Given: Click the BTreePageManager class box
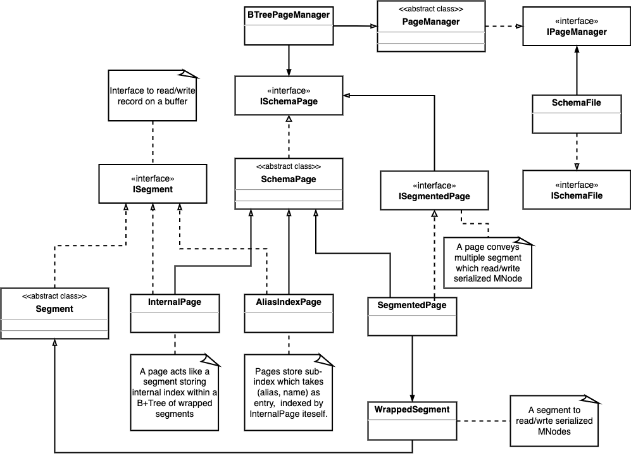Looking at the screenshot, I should tap(289, 26).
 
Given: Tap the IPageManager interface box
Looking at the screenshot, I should tap(576, 27).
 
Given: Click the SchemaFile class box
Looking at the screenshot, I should tap(576, 114).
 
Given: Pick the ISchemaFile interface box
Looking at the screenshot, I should tap(576, 190).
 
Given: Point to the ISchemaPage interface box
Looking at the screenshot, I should tap(289, 96).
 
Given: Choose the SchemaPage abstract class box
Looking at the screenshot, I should tap(289, 183).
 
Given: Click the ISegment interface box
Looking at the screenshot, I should tap(153, 183).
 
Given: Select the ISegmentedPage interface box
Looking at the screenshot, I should tap(434, 191).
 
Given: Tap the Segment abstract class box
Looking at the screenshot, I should tap(54, 313).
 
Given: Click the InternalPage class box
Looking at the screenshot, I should tap(175, 313).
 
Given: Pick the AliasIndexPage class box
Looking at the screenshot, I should tap(289, 313).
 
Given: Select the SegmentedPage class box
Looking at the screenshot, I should tap(412, 316).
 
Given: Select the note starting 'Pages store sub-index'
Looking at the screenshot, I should tap(289, 392).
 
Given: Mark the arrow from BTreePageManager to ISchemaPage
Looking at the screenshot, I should tap(289, 60).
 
